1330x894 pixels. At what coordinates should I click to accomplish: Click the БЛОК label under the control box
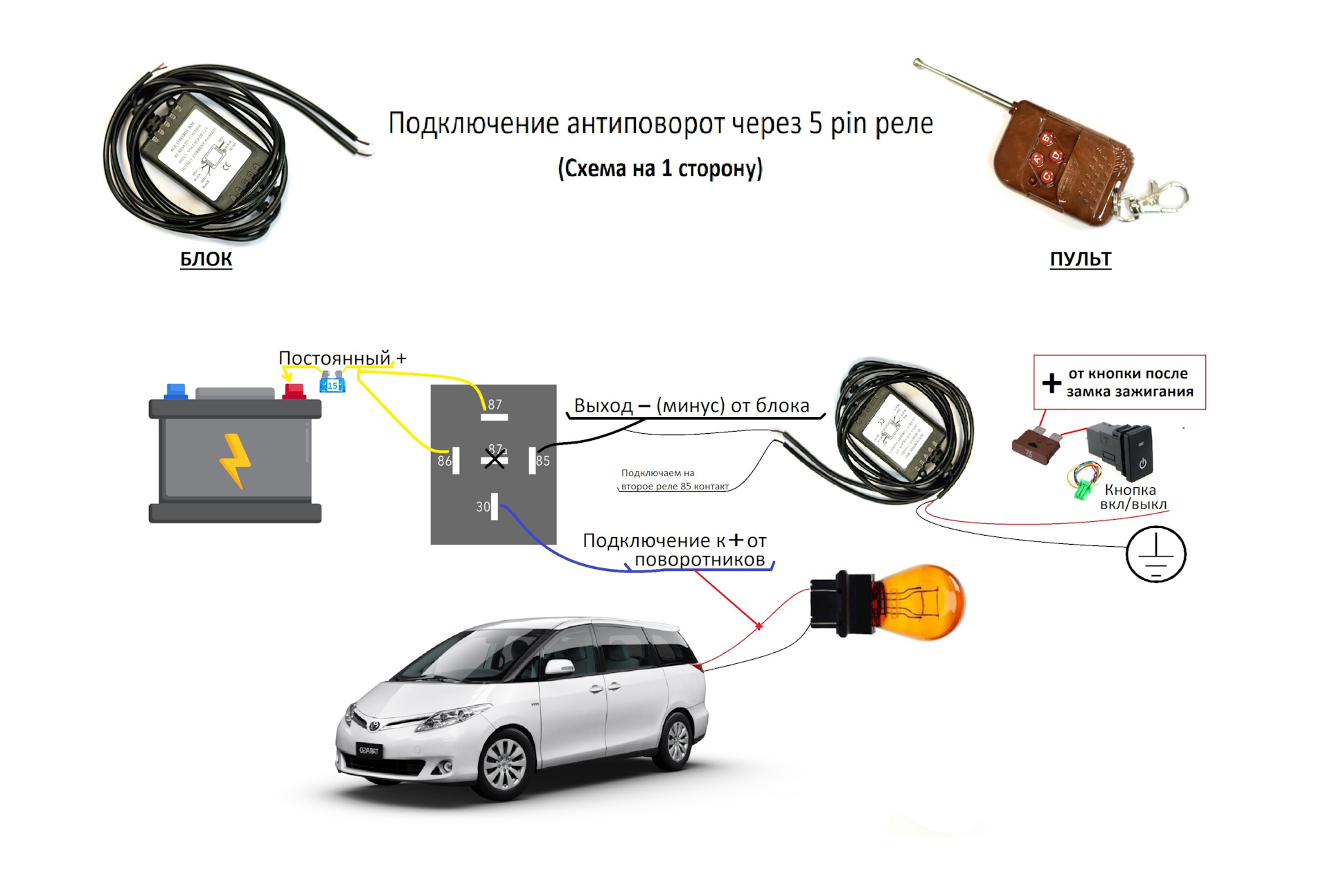[x=206, y=258]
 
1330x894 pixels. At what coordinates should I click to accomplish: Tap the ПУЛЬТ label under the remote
[x=1080, y=258]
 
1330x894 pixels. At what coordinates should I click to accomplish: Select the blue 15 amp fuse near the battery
[x=332, y=383]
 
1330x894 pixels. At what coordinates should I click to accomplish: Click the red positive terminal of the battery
[x=294, y=391]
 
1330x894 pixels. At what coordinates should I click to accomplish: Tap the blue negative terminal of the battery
[x=176, y=391]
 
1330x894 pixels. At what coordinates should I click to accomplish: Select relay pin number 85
[x=533, y=460]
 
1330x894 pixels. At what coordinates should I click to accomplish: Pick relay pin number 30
[x=494, y=506]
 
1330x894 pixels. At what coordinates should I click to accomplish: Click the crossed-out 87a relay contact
[x=495, y=457]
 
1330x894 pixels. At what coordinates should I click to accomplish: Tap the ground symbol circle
[x=1155, y=554]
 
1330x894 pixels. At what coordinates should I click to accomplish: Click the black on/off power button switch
[x=1122, y=450]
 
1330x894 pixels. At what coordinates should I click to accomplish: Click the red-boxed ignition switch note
[x=1119, y=383]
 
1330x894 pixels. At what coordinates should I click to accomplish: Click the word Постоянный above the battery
[x=335, y=358]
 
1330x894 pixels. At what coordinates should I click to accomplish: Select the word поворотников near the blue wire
[x=700, y=559]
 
